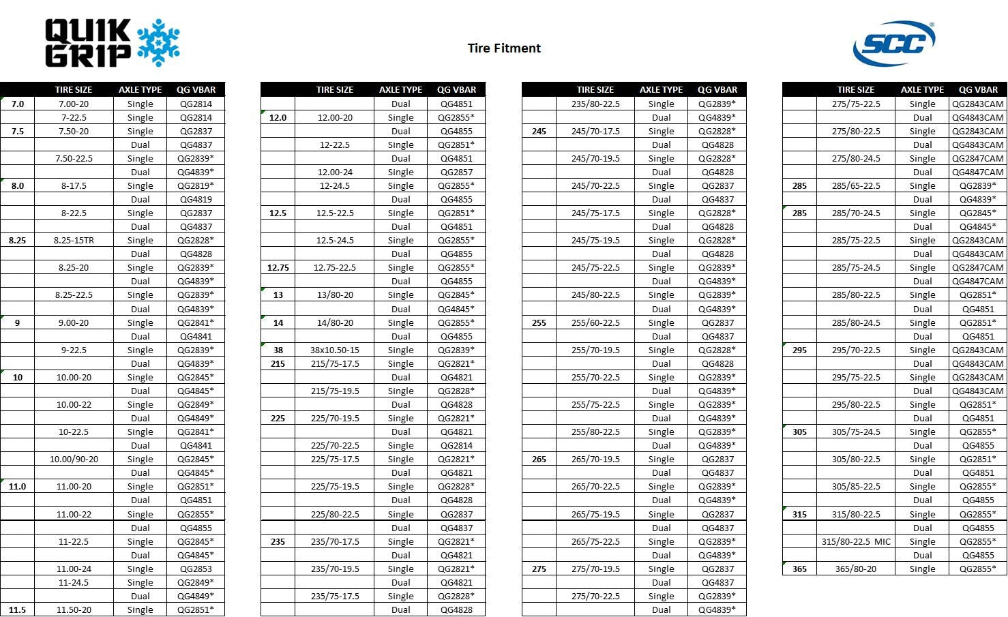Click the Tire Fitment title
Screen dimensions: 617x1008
point(504,48)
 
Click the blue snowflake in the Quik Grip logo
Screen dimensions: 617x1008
point(158,42)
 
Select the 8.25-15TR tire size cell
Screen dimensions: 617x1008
point(74,240)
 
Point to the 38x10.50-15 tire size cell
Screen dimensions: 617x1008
point(334,350)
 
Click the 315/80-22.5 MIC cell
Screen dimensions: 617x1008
point(856,541)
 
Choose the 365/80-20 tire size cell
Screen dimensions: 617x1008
point(856,569)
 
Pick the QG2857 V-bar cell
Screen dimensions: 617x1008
point(456,172)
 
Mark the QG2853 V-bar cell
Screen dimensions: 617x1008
point(196,569)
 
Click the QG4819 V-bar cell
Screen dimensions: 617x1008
point(196,199)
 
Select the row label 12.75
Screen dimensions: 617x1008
point(278,267)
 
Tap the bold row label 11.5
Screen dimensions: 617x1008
point(17,610)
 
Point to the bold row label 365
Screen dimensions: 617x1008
point(799,569)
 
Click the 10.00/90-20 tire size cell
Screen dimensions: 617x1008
point(74,459)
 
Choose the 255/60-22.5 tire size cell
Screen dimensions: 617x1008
point(595,322)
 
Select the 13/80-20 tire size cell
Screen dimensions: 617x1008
point(334,295)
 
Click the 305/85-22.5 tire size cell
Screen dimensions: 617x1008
point(856,486)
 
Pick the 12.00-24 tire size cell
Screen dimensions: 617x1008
point(334,172)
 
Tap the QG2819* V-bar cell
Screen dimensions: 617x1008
point(196,185)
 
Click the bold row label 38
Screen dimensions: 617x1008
point(278,350)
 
